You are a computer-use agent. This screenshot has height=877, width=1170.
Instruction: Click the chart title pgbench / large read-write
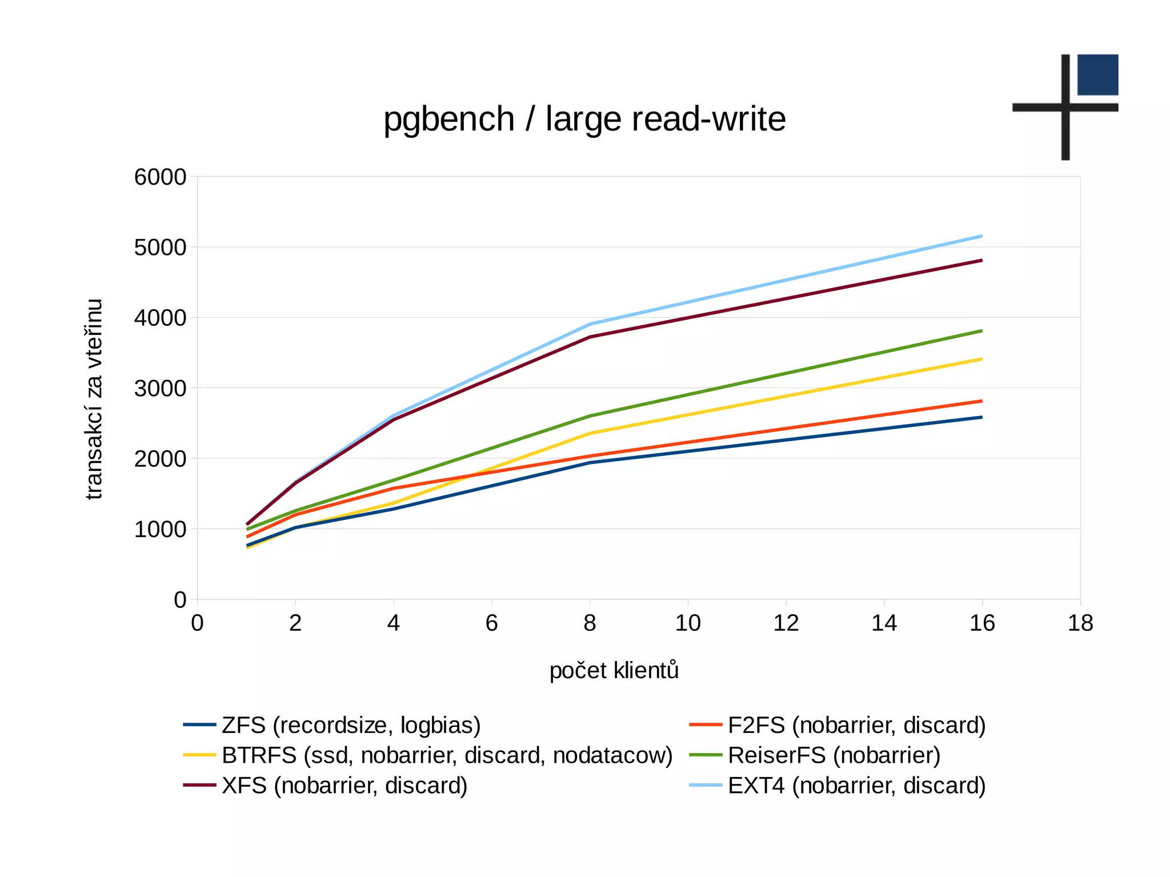[584, 119]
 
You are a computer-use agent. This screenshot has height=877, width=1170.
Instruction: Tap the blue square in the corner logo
[1097, 75]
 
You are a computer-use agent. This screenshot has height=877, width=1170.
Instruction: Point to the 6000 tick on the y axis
[160, 177]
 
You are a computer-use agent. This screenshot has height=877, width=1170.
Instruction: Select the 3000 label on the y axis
[160, 389]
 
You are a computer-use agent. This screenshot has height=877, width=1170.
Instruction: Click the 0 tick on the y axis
[180, 600]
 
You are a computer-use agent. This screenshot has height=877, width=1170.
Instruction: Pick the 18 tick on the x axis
[1080, 623]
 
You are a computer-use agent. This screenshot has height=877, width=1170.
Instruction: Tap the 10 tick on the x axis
[687, 623]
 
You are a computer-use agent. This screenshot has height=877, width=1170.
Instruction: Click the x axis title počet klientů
[614, 670]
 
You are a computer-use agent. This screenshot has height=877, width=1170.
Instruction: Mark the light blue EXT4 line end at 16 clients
[981, 236]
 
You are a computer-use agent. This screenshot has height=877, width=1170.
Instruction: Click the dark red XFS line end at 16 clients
[981, 261]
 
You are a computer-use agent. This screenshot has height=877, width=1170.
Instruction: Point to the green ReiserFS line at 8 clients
[590, 416]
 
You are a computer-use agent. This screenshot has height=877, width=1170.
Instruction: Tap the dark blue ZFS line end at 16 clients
[981, 417]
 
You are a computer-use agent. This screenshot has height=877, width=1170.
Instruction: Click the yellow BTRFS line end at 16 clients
[981, 359]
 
